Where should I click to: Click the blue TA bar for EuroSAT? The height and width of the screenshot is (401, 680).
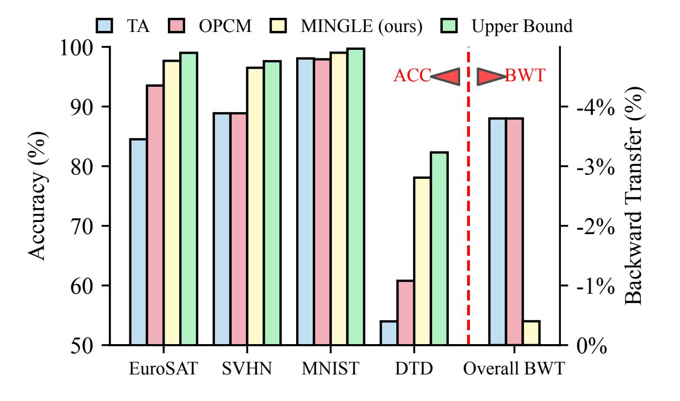[x=138, y=242]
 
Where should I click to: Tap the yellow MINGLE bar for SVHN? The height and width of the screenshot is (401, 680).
[x=256, y=206]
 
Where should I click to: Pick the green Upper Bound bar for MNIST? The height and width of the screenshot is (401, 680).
[x=356, y=196]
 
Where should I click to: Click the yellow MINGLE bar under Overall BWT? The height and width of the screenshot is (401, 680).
[x=531, y=333]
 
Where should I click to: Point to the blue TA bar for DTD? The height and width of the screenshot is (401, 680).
[x=388, y=333]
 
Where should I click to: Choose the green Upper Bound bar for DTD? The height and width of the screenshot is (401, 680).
[x=439, y=248]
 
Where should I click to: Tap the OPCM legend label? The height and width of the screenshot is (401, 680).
[x=225, y=26]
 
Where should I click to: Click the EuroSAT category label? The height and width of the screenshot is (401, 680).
[x=163, y=369]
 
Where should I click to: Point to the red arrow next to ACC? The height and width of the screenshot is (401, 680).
[x=446, y=77]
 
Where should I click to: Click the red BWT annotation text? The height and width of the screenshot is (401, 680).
[x=525, y=76]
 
